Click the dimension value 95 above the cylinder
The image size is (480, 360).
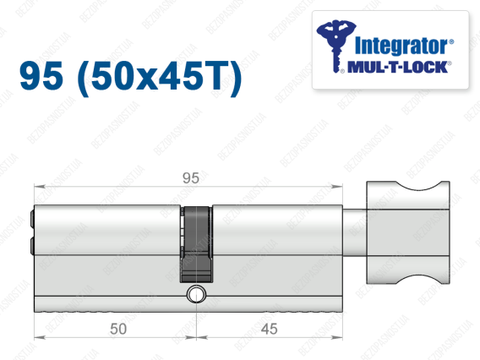coord(191,177)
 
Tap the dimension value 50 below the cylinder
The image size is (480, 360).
coord(118,329)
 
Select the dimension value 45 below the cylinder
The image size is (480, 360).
coord(269,329)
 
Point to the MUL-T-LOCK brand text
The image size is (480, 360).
coord(397,67)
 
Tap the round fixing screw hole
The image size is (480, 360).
coord(196,294)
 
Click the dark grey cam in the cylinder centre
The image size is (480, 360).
coord(196,244)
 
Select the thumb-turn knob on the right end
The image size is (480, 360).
coord(408,232)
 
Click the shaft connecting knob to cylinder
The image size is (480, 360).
coord(354,232)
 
